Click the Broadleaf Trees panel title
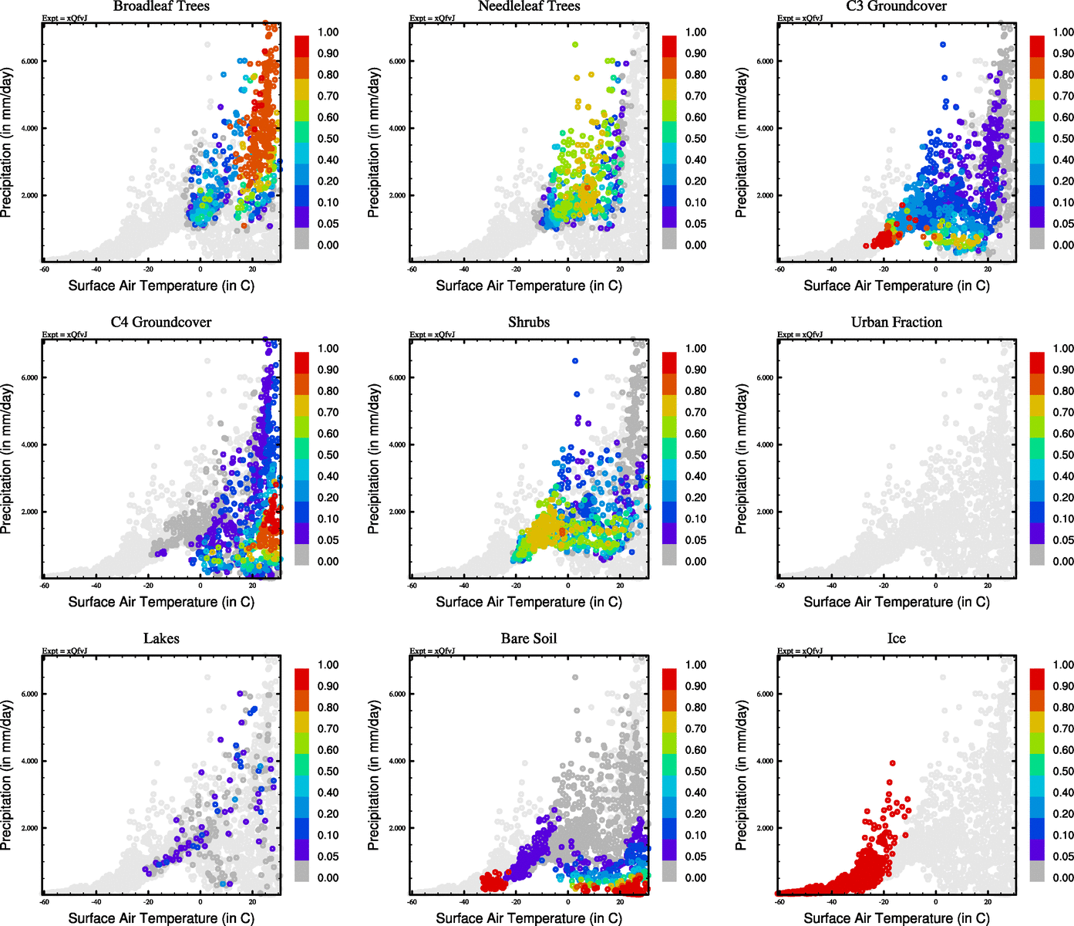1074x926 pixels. coord(161,6)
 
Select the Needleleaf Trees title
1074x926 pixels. coord(528,6)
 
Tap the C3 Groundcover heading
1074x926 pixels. coord(896,6)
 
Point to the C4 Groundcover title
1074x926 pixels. coord(161,323)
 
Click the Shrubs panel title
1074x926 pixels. coord(529,323)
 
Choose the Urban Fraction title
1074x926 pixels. coord(897,323)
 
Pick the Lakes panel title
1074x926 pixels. coord(161,639)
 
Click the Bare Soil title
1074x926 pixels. coord(529,639)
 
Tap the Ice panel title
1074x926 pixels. coord(896,639)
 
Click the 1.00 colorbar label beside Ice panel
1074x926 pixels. coord(1063,664)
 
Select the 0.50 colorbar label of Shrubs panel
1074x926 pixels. coord(695,455)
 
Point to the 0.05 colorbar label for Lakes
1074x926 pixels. coord(328,857)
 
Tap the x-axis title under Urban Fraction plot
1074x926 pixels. coord(896,602)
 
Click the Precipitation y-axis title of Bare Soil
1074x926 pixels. coord(374,775)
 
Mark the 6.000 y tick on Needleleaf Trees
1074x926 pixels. coord(397,61)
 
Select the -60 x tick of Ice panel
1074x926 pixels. coord(779,901)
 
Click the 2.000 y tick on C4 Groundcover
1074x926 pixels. coord(29,512)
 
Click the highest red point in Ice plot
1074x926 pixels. coord(892,763)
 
